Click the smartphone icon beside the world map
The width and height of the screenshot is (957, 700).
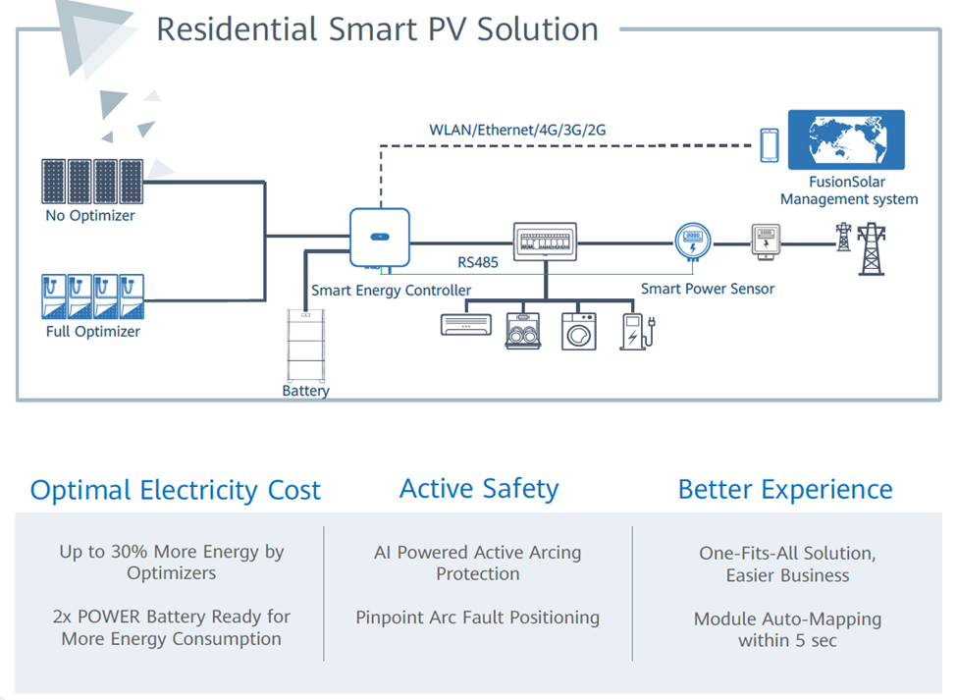(x=769, y=145)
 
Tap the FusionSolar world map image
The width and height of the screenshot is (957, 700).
(x=846, y=139)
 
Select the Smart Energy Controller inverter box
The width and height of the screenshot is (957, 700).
(x=380, y=238)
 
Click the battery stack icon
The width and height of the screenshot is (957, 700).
(x=306, y=346)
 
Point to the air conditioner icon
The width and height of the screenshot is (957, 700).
(x=465, y=325)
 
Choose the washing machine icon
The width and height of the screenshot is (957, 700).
(x=578, y=332)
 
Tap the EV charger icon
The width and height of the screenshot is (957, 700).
(x=637, y=332)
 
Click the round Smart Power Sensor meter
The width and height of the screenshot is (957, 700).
(x=693, y=242)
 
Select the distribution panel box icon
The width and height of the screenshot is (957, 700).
(x=545, y=242)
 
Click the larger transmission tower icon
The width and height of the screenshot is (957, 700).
(x=871, y=249)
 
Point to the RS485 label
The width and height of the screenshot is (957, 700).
(x=478, y=262)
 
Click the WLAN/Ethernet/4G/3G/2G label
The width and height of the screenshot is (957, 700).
(x=517, y=130)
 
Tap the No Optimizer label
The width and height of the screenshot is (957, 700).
(x=90, y=215)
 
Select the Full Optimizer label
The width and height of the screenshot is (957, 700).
(x=93, y=332)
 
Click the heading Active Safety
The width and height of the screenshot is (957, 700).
(x=479, y=489)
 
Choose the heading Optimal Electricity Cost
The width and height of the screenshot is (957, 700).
(x=175, y=490)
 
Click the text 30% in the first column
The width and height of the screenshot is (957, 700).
(x=129, y=552)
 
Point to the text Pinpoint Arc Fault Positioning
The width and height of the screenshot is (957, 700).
(x=478, y=618)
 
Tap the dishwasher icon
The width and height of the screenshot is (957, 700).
(x=523, y=332)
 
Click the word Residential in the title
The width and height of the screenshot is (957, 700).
(x=237, y=29)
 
